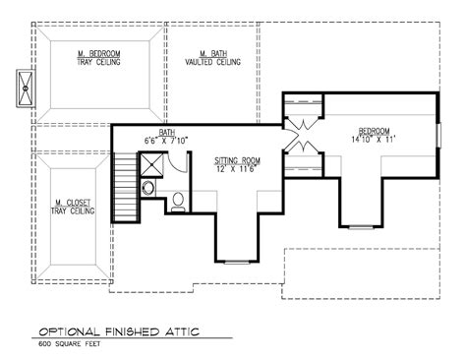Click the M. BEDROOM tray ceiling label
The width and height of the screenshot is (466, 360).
point(98,58)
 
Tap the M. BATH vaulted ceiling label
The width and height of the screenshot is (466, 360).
point(212,58)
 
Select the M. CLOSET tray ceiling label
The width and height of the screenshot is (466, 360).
point(73,207)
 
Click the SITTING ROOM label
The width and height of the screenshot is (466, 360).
point(237,160)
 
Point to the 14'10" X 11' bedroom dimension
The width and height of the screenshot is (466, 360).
point(374,140)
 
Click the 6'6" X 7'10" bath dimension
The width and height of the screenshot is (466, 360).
point(166,141)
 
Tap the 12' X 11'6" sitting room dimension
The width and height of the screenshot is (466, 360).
point(236,169)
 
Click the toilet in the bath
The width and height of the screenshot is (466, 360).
point(178,202)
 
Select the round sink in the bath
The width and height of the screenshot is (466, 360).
point(148,188)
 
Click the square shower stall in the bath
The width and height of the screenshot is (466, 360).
point(151,165)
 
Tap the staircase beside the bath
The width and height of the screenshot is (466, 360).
point(125,187)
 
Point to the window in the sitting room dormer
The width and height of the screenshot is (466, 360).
point(237,262)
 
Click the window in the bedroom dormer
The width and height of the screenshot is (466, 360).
point(361,226)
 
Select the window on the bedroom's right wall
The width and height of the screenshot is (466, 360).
point(438,135)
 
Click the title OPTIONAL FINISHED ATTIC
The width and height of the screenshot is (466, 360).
point(119,331)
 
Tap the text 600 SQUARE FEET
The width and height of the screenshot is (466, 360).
point(70,344)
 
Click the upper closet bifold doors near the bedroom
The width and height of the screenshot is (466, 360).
point(303,126)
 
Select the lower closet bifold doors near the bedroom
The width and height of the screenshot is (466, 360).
point(303,145)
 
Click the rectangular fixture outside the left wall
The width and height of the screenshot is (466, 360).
point(26,89)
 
